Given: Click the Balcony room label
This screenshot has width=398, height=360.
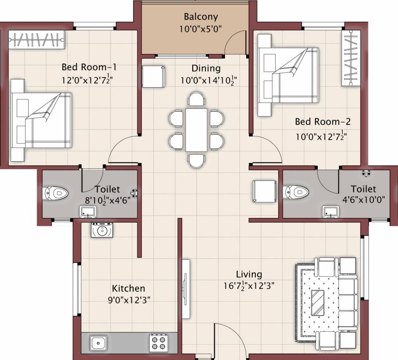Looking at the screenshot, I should click(201, 17).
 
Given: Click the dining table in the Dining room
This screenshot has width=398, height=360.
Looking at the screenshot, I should click(196, 129).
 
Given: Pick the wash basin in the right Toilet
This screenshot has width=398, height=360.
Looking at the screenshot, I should click(330, 211).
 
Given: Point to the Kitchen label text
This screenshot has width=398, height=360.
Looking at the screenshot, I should click(128, 288).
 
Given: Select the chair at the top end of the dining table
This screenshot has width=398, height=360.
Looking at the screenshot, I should click(196, 99).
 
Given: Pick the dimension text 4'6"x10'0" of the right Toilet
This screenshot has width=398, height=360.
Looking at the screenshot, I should click(363, 199).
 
